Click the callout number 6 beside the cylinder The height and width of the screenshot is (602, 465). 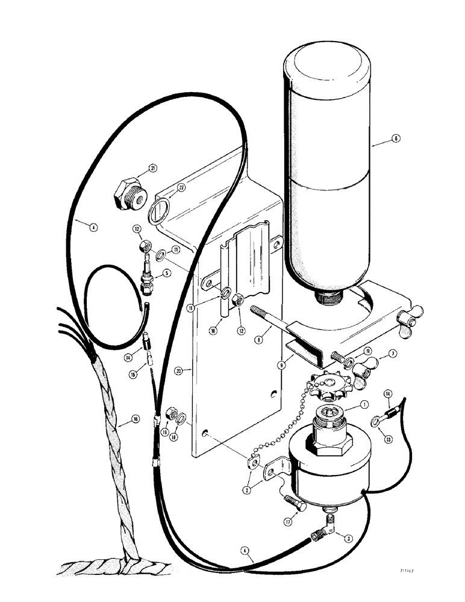coord(395,138)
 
